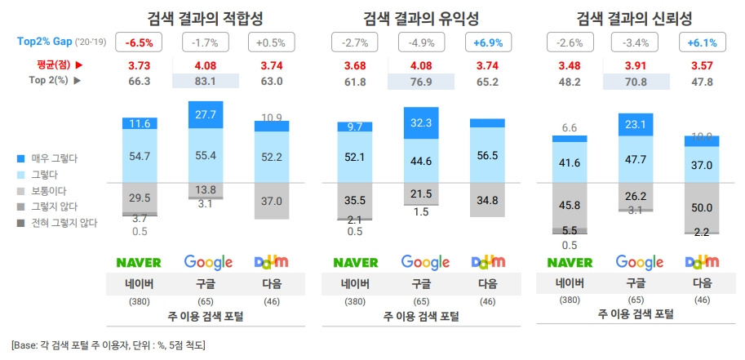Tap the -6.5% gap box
[x=140, y=42]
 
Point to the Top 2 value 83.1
[x=204, y=81]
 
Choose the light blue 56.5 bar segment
[x=488, y=155]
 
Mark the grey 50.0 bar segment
[x=702, y=208]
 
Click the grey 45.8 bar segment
[x=569, y=204]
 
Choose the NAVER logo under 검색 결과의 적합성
[x=140, y=262]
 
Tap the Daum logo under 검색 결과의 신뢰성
[x=702, y=262]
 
